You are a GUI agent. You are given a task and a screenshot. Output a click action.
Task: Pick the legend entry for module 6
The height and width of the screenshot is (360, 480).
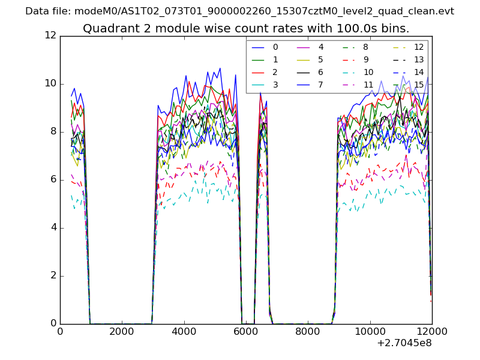click(x=320, y=72)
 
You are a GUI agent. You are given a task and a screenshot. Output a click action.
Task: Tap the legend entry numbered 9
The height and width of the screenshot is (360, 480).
click(x=366, y=59)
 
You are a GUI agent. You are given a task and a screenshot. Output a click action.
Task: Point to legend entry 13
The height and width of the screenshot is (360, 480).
click(x=419, y=59)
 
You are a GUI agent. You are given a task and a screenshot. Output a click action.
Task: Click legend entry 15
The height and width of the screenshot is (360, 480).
click(x=419, y=85)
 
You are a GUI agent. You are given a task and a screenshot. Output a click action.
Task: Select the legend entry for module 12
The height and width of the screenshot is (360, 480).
click(x=419, y=47)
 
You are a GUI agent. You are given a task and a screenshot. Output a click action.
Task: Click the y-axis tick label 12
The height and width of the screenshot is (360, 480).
click(x=50, y=35)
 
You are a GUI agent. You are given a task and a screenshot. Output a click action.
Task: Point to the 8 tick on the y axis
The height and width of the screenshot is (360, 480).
click(x=53, y=131)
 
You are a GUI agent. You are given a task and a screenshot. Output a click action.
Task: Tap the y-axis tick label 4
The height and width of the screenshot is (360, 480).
click(x=53, y=227)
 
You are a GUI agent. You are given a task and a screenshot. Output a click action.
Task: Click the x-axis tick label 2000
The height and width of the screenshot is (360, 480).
click(x=122, y=331)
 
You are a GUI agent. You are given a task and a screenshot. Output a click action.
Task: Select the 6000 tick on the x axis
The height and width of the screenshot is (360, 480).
click(x=246, y=331)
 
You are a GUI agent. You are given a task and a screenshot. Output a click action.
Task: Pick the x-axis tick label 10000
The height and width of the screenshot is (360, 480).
click(x=370, y=331)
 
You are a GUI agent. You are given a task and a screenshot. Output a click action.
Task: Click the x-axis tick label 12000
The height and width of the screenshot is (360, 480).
click(x=431, y=331)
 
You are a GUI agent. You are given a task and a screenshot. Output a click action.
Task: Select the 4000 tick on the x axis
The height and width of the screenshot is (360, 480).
click(x=184, y=331)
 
